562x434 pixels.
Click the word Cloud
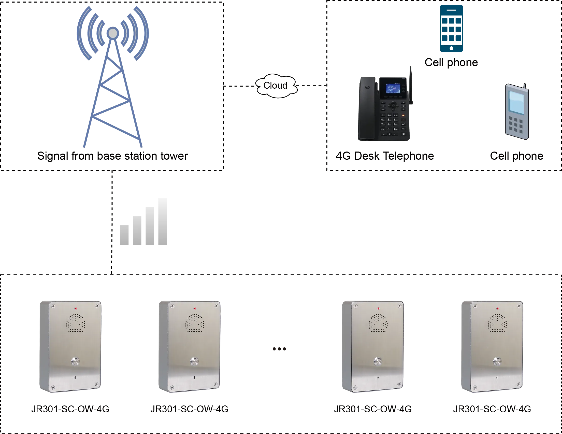[275, 86]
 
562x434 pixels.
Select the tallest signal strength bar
[162, 222]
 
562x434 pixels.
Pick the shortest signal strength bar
[125, 235]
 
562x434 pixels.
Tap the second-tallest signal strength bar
[150, 226]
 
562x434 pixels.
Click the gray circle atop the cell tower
[113, 33]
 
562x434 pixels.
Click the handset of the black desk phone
[367, 108]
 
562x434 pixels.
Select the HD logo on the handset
[367, 88]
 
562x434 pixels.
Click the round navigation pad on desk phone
[393, 106]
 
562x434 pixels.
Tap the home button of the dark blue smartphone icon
[451, 48]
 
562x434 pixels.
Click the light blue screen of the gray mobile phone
[516, 102]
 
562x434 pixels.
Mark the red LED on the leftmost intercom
[76, 308]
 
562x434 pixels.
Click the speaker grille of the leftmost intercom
[76, 323]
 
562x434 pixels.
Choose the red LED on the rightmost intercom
[498, 308]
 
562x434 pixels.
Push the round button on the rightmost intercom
[497, 361]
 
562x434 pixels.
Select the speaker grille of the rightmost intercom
[497, 323]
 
